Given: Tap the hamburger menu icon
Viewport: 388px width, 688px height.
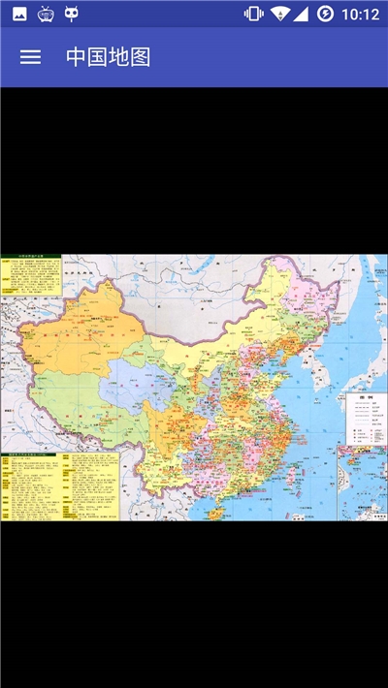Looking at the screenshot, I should click(30, 56).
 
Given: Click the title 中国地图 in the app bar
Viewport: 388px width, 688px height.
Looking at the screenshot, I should click(108, 56).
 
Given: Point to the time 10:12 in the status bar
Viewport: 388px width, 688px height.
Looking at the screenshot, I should click(361, 14).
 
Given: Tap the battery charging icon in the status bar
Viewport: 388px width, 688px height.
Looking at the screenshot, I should click(325, 14).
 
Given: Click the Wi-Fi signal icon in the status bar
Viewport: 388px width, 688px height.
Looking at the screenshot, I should click(279, 14).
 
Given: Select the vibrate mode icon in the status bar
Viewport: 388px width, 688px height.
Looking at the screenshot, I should click(253, 14).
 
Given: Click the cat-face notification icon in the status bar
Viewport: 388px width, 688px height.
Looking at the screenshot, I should click(72, 14).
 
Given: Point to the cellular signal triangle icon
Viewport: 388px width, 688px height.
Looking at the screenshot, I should click(301, 14).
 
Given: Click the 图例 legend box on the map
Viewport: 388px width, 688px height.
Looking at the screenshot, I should click(366, 419).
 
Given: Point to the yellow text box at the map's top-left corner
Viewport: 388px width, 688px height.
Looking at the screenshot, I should click(30, 275).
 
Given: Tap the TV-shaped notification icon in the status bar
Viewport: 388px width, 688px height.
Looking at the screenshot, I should click(46, 14).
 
